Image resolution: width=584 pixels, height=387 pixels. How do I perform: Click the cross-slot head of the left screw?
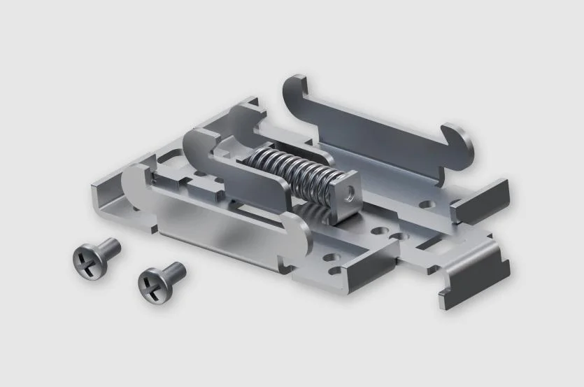point(87,260)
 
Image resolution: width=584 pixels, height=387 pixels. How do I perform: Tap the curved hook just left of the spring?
point(199,147)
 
